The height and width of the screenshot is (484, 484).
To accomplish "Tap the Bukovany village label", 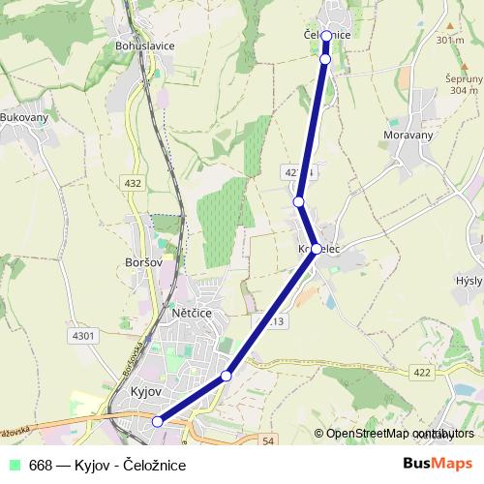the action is pyautogui.click(x=24, y=116).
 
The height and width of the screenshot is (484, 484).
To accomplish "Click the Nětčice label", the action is pyautogui.click(x=190, y=314).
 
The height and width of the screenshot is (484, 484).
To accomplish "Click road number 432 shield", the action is pyautogui.click(x=133, y=182).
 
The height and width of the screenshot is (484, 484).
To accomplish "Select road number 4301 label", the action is pyautogui.click(x=85, y=336).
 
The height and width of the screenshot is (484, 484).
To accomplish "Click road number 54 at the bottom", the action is pyautogui.click(x=268, y=441).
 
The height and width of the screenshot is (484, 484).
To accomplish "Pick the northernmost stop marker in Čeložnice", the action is pyautogui.click(x=326, y=36).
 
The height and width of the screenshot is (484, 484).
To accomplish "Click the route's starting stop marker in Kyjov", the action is pyautogui.click(x=158, y=421).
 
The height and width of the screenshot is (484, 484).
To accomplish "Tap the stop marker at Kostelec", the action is pyautogui.click(x=317, y=249).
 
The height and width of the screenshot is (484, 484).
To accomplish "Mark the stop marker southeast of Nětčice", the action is pyautogui.click(x=227, y=376).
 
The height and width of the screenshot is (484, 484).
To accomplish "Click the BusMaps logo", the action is pyautogui.click(x=439, y=464).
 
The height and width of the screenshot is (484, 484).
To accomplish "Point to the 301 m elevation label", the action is pyautogui.click(x=449, y=41).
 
